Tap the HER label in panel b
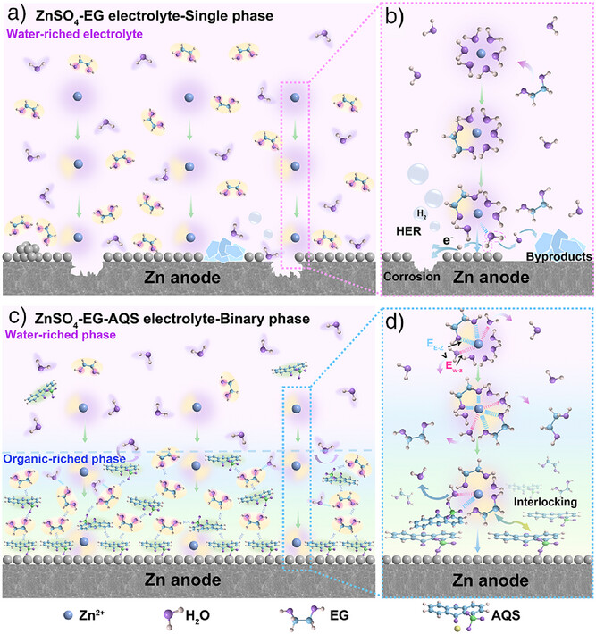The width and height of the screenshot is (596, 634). (408, 229)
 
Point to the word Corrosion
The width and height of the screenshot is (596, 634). (412, 277)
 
